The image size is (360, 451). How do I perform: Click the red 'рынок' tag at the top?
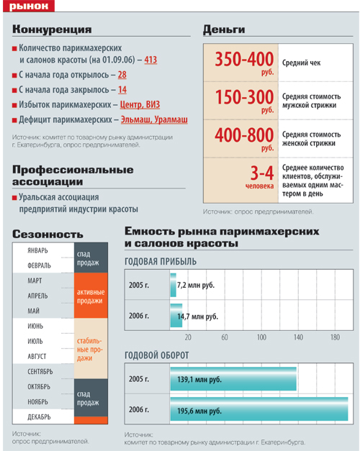pyautogui.click(x=29, y=6)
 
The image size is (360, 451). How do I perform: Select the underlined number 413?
pyautogui.click(x=150, y=60)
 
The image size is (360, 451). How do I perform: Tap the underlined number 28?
pyautogui.click(x=122, y=75)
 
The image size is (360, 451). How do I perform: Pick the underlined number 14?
pyautogui.click(x=122, y=90)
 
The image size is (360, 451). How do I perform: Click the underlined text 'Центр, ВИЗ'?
pyautogui.click(x=140, y=105)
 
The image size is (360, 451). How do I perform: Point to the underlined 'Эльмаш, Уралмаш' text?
pyautogui.click(x=154, y=119)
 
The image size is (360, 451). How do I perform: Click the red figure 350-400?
pyautogui.click(x=244, y=59)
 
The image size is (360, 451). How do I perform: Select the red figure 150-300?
pyautogui.click(x=245, y=97)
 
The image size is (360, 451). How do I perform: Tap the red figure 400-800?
pyautogui.click(x=244, y=135)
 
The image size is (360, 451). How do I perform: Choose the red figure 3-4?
pyautogui.click(x=262, y=173)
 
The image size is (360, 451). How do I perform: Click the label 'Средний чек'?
pyautogui.click(x=301, y=63)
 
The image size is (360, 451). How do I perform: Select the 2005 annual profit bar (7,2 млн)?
pyautogui.click(x=173, y=285)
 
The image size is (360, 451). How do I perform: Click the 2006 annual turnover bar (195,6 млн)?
pyautogui.click(x=259, y=409)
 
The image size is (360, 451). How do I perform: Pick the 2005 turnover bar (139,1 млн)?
pyautogui.click(x=233, y=378)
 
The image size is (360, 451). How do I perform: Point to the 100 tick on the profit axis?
pyautogui.click(x=261, y=337)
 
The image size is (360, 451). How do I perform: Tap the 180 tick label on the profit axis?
pyautogui.click(x=335, y=337)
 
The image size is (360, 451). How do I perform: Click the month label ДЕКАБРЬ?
pyautogui.click(x=39, y=416)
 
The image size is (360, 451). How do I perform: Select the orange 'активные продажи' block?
pyautogui.click(x=91, y=296)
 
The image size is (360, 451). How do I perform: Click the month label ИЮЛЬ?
pyautogui.click(x=35, y=341)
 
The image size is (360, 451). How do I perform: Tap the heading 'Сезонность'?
pyautogui.click(x=48, y=234)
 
